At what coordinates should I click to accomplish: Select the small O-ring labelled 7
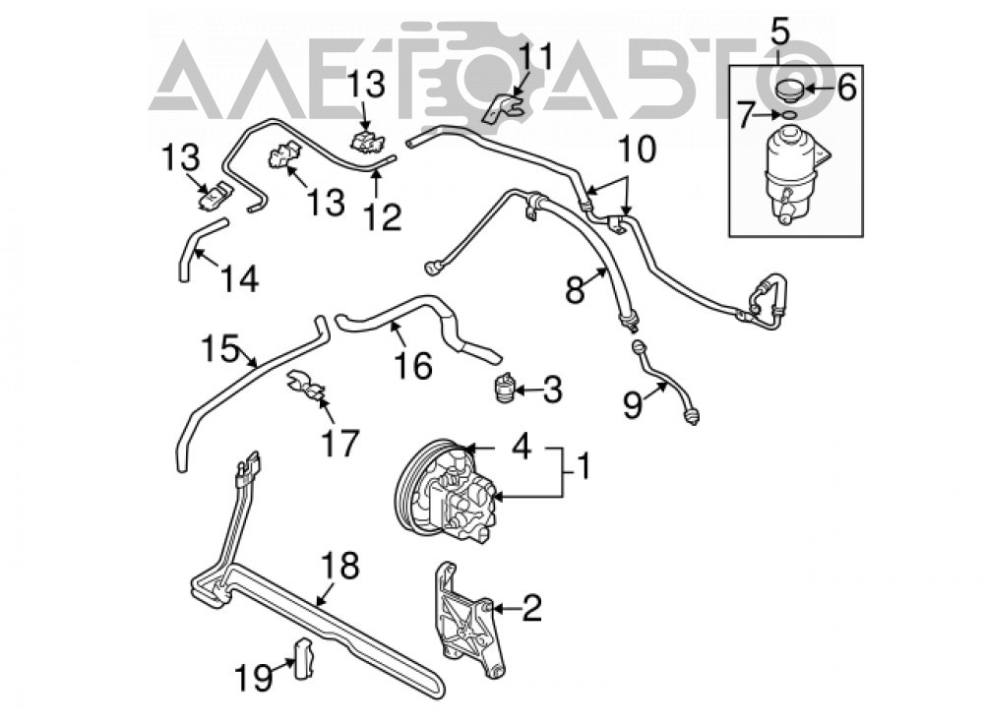[789, 114]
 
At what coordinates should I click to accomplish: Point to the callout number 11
[537, 57]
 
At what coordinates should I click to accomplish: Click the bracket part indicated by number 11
[503, 107]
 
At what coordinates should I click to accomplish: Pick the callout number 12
[382, 217]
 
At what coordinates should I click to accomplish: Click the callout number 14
[239, 278]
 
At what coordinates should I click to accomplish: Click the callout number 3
[552, 390]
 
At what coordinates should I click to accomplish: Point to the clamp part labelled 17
[306, 387]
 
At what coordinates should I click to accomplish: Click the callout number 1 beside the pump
[583, 467]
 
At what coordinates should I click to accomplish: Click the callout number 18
[340, 566]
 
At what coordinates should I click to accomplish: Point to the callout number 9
[633, 404]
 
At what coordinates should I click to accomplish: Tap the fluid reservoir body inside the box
[794, 172]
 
